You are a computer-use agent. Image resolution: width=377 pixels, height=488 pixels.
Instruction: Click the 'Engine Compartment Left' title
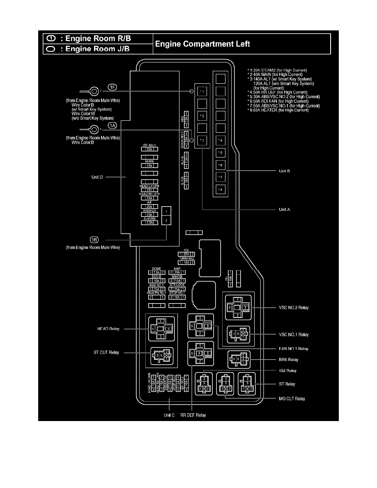(x=202, y=44)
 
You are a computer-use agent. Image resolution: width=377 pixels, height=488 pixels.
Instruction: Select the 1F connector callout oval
(x=113, y=87)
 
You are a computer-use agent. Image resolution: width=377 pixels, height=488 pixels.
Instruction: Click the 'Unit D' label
(x=97, y=177)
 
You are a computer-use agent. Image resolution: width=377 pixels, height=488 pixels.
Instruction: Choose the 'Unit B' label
(x=285, y=170)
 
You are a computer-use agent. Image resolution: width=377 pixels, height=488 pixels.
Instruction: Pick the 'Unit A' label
(x=285, y=209)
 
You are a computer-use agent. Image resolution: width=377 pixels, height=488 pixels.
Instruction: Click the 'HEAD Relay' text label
(x=108, y=329)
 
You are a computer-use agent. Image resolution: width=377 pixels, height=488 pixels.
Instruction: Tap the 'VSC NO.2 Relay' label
(x=294, y=307)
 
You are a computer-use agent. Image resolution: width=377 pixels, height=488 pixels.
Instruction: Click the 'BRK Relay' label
(x=287, y=359)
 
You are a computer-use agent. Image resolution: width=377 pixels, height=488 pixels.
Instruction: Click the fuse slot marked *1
(x=201, y=90)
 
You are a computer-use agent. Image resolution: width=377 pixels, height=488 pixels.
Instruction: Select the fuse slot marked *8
(x=220, y=190)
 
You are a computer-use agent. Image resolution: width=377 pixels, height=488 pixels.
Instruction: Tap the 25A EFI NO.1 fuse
(x=149, y=149)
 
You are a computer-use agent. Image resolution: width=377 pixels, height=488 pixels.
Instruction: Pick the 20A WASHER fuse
(x=149, y=214)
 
